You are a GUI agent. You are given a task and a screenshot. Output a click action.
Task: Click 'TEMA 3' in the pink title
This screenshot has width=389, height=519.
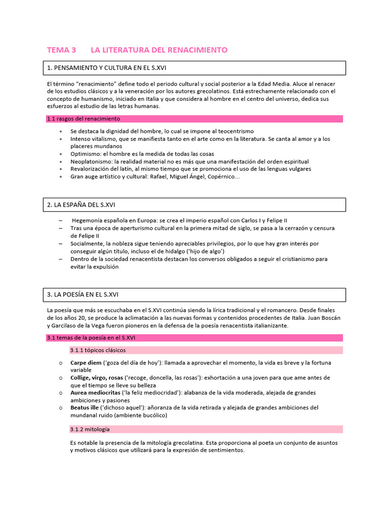[x=61, y=50]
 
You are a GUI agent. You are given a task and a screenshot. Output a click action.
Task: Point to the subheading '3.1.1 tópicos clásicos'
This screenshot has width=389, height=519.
[x=98, y=350]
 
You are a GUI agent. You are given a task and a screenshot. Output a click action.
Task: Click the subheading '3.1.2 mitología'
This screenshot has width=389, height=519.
[x=90, y=429]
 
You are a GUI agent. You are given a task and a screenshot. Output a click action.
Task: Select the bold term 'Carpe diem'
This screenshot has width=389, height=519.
[x=86, y=363]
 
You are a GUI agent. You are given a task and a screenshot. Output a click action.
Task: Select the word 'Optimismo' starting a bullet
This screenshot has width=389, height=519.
[x=85, y=154]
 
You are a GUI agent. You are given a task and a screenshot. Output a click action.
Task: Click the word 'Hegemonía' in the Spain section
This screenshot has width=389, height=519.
[x=90, y=220]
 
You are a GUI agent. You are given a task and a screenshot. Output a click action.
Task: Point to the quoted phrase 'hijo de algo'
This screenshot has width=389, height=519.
[x=206, y=251]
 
